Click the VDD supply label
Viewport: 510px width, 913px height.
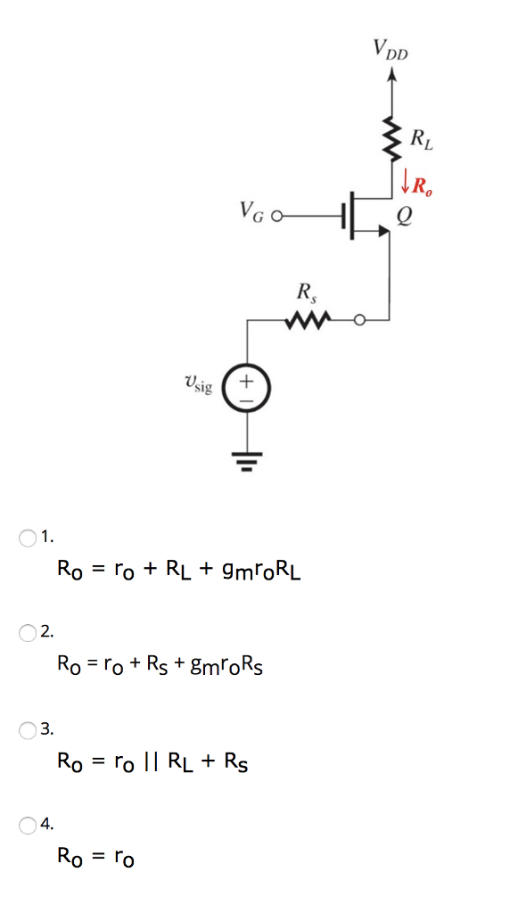click(391, 50)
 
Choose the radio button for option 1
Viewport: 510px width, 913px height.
click(28, 537)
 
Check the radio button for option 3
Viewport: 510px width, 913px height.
click(28, 729)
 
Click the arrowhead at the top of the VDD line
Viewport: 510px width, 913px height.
click(391, 75)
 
